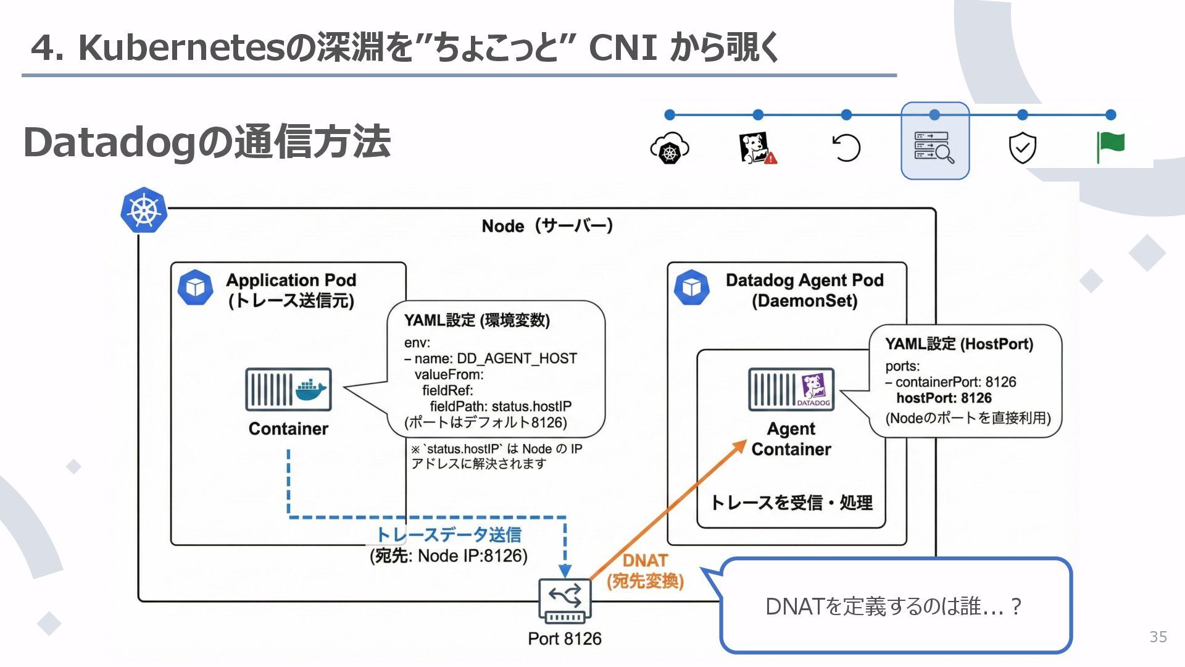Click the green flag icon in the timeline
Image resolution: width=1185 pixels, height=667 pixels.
1110,148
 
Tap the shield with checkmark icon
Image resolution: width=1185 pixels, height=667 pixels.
1022,148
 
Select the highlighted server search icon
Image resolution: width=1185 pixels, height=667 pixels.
934,147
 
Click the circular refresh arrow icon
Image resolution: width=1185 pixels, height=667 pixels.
846,148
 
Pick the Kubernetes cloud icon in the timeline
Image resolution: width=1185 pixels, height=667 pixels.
670,148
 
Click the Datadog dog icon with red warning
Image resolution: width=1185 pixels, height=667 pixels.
757,148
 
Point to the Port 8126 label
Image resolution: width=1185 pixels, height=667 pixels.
564,639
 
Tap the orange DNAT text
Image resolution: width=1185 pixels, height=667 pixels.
645,560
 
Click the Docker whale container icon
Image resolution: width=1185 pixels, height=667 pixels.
288,390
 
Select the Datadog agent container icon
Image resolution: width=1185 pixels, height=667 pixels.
791,390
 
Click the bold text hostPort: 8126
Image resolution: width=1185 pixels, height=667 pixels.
944,398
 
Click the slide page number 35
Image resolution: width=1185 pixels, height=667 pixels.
1158,637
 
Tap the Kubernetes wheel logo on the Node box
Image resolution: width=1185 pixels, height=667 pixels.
144,211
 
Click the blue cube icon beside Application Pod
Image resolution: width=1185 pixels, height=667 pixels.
195,287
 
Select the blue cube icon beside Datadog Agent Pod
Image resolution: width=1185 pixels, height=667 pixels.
692,287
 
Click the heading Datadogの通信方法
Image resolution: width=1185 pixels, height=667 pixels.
207,142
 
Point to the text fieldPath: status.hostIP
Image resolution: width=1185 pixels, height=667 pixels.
501,406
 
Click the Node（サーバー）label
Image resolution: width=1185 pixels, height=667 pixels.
547,226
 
